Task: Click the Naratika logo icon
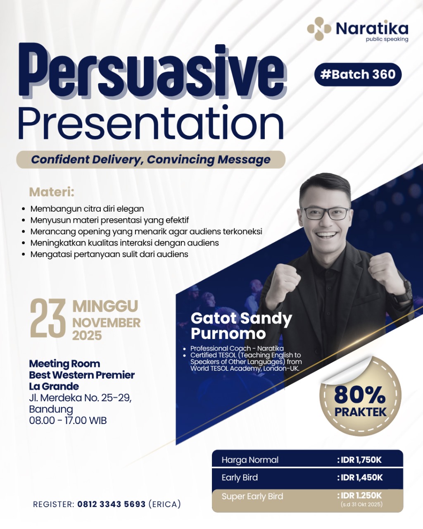pyautogui.click(x=319, y=29)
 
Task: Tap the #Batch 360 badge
pyautogui.click(x=358, y=74)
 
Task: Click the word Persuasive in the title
pyautogui.click(x=152, y=71)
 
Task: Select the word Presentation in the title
pyautogui.click(x=152, y=123)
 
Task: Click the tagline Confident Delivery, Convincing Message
pyautogui.click(x=151, y=160)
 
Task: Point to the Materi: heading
pyautogui.click(x=52, y=192)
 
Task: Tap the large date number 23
pyautogui.click(x=48, y=318)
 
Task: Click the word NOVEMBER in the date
pyautogui.click(x=107, y=323)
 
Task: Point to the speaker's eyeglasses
pyautogui.click(x=326, y=213)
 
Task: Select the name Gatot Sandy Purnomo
pyautogui.click(x=241, y=326)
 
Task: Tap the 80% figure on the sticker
pyautogui.click(x=360, y=395)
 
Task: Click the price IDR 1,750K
pyautogui.click(x=359, y=460)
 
